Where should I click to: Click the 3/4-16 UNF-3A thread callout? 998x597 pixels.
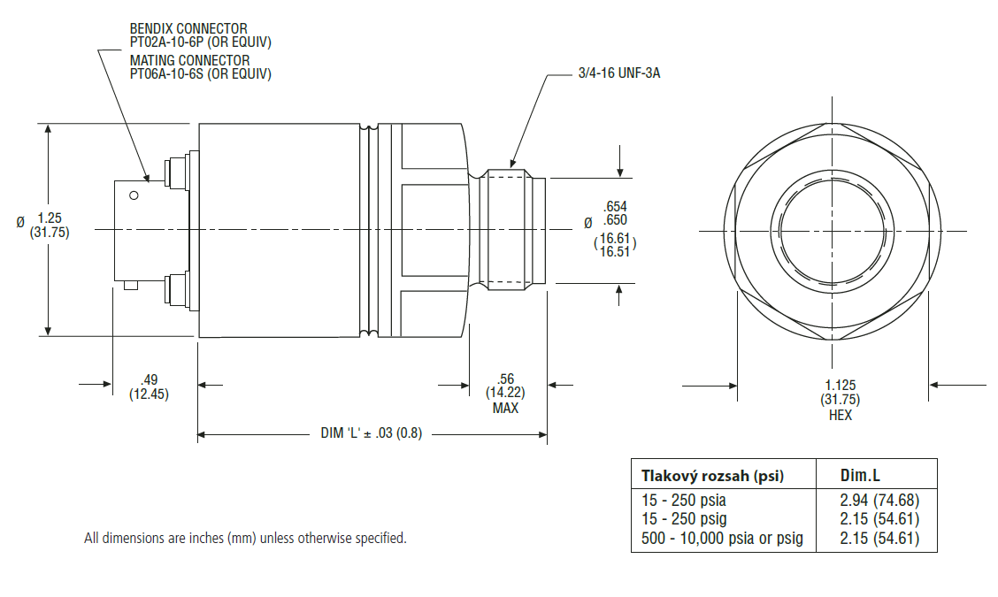(x=618, y=73)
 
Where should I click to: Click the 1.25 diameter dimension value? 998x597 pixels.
(x=50, y=218)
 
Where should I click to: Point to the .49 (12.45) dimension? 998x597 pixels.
(x=149, y=387)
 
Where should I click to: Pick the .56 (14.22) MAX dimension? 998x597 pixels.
(x=505, y=394)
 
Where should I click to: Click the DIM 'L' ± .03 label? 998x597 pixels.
(x=371, y=433)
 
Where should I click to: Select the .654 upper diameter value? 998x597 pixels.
(x=616, y=206)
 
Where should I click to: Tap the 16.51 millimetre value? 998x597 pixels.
(x=614, y=252)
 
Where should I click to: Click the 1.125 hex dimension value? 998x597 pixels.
(x=841, y=385)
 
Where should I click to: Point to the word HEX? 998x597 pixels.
(x=841, y=415)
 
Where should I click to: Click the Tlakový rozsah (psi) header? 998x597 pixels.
(x=712, y=476)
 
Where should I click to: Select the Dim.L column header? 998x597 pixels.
(x=860, y=476)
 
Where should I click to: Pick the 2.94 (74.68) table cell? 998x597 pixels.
(x=879, y=501)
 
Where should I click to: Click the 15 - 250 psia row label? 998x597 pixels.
(x=684, y=501)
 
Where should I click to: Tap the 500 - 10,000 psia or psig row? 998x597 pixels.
(x=722, y=539)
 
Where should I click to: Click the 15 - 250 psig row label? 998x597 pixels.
(x=684, y=519)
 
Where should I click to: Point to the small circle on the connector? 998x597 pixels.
(x=134, y=195)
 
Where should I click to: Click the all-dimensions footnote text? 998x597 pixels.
(x=245, y=539)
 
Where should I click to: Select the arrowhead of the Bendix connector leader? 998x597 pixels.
(x=147, y=178)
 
